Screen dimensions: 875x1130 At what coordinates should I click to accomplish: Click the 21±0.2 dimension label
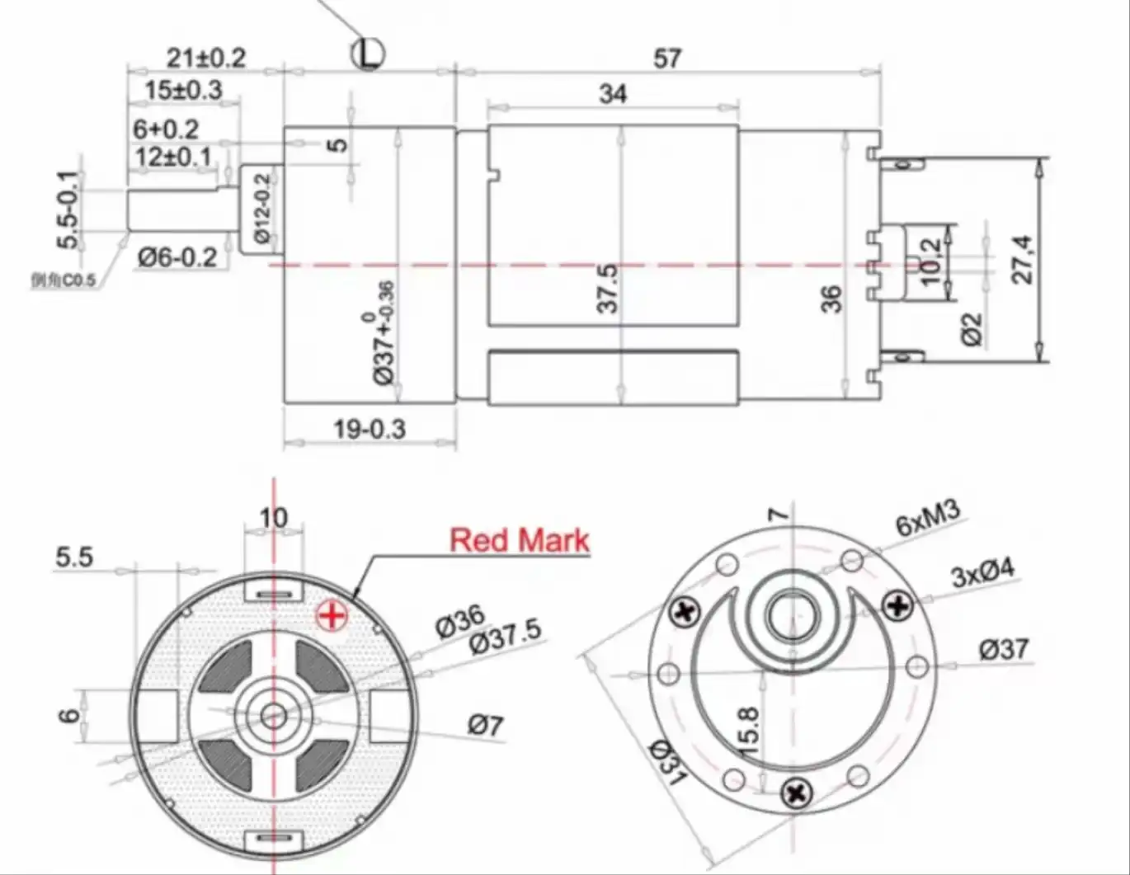(x=206, y=58)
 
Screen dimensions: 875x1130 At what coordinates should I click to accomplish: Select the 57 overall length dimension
(x=667, y=59)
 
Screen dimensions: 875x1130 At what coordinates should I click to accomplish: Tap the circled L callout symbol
(x=368, y=54)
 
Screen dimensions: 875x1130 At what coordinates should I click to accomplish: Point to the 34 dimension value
(x=612, y=94)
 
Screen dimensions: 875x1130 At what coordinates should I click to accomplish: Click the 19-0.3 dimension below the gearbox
(x=370, y=429)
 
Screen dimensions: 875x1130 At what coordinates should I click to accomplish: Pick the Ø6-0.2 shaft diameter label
(x=177, y=257)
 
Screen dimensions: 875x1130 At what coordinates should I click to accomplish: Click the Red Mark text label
(x=520, y=540)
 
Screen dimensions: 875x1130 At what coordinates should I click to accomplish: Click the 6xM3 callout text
(x=928, y=519)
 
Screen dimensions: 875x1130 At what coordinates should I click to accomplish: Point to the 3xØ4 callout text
(x=983, y=572)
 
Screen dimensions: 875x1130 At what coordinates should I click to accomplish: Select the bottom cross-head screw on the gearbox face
(x=797, y=793)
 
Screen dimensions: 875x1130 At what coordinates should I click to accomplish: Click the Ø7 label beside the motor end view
(x=485, y=725)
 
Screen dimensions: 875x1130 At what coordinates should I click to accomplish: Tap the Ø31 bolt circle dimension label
(x=667, y=763)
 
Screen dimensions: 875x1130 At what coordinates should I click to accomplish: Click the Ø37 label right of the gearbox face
(x=1004, y=649)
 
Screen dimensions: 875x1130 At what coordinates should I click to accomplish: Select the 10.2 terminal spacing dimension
(x=930, y=262)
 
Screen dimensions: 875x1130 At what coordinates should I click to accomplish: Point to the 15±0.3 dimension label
(x=183, y=90)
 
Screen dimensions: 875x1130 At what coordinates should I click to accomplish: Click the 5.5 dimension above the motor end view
(x=74, y=557)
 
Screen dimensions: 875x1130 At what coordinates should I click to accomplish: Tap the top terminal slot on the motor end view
(x=273, y=594)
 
